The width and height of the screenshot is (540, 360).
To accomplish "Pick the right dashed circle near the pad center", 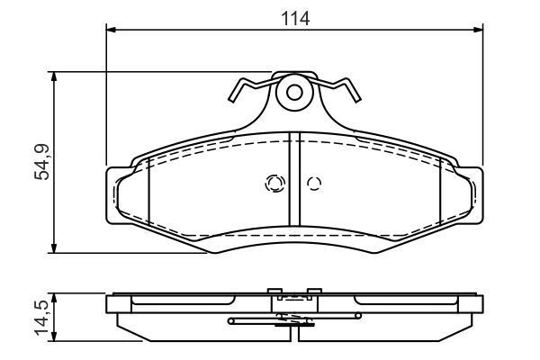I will tap(313, 184).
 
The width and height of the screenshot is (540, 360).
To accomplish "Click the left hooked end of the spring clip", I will tap(236, 90).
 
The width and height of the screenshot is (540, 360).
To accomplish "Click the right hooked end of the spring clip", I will tap(352, 90).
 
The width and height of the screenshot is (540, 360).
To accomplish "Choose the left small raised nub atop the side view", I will tap(274, 291).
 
